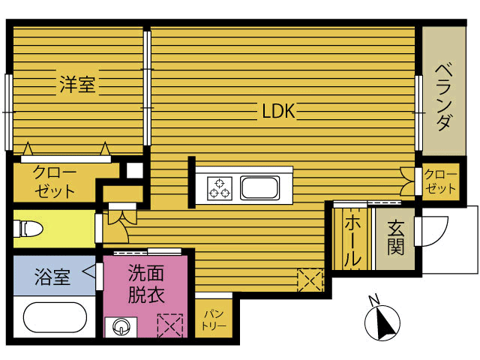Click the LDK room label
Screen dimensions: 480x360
coord(278,111)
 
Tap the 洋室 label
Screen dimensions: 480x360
coord(77,84)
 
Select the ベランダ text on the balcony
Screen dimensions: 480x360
coord(444,97)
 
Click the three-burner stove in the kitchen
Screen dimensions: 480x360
coord(220,188)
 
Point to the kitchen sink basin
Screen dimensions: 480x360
coord(260,188)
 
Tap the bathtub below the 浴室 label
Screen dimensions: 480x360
coord(55,317)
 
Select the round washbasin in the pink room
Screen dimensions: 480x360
coord(121,327)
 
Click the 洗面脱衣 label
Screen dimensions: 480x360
coord(146,283)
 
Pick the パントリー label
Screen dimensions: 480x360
coord(214,320)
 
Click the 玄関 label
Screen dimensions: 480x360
coord(395,238)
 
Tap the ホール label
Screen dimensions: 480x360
coord(352,240)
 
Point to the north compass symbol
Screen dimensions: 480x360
coord(382,323)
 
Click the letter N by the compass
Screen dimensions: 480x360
coord(373,300)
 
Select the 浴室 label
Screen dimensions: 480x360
coord(52,277)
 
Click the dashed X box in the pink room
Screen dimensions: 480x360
coord(170,325)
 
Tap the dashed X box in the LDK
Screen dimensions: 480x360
coord(310,280)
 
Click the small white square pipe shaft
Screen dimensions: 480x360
coord(135,170)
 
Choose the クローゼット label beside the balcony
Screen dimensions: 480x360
coord(440,181)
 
